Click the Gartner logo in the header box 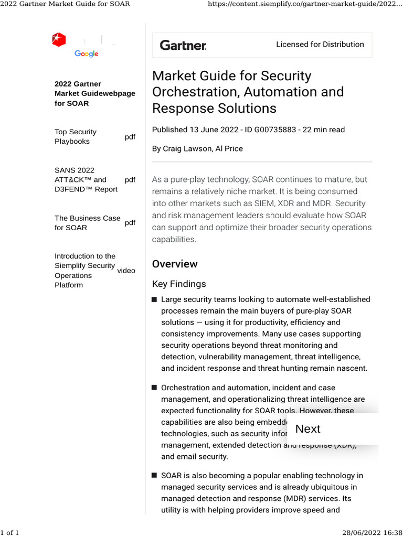[x=183, y=45]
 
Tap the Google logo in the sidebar [x=87, y=53]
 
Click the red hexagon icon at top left [x=59, y=39]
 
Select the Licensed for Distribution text [x=320, y=45]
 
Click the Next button [x=308, y=429]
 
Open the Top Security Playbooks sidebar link [x=76, y=137]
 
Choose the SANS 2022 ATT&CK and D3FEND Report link [x=86, y=180]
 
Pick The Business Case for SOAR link [x=88, y=223]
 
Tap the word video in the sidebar [x=126, y=271]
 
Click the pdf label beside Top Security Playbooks [x=130, y=137]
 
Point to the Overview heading [x=175, y=264]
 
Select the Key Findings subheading [x=179, y=284]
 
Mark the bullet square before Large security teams [x=154, y=300]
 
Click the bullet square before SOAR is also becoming [x=154, y=476]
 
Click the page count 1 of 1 [x=9, y=533]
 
